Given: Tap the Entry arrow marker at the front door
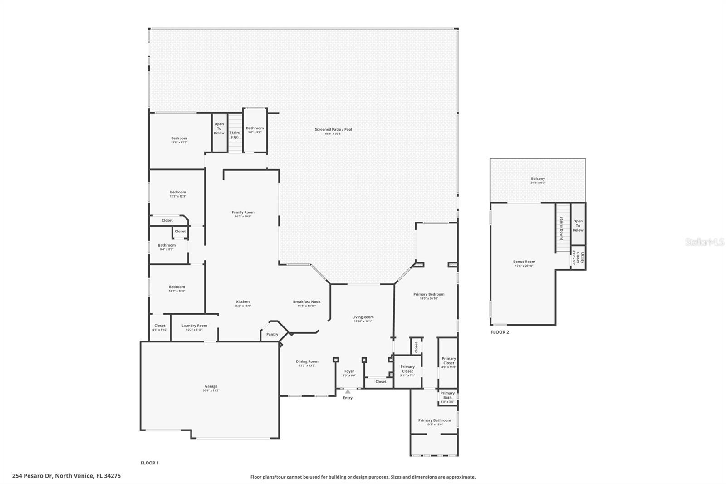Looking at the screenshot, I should click(348, 391).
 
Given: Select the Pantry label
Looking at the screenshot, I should click(272, 334).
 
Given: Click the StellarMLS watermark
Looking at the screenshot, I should click(705, 242).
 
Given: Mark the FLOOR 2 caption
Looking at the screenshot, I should click(500, 332).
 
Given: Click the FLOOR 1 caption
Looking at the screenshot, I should click(150, 463).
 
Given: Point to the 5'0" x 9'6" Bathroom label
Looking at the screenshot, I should click(255, 130).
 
